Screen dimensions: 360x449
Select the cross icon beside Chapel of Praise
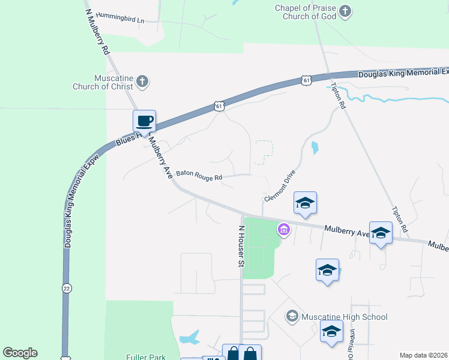click(345, 11)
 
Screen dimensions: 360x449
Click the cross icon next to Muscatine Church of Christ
click(142, 82)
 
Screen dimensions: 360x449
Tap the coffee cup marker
click(144, 121)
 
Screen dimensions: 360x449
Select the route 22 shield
click(65, 289)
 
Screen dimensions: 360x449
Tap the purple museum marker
click(283, 229)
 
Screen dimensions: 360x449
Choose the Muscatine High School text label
click(345, 317)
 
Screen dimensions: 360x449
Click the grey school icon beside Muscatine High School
click(292, 316)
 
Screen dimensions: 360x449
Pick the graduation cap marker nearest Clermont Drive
click(305, 203)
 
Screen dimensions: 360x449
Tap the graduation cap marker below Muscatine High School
click(332, 331)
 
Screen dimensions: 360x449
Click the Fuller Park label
click(145, 357)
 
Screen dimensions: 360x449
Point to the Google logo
click(20, 353)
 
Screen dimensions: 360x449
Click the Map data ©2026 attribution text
click(423, 355)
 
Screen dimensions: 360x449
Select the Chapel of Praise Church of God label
click(306, 12)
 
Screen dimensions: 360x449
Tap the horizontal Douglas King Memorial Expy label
click(402, 73)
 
